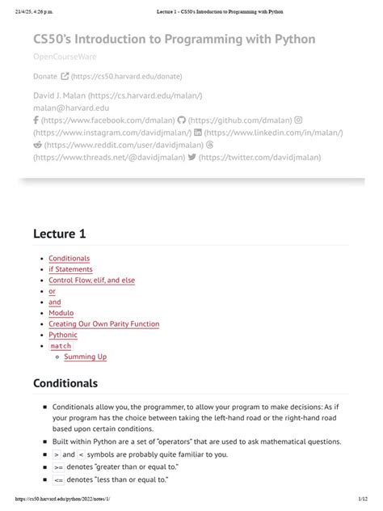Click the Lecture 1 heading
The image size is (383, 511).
point(60,234)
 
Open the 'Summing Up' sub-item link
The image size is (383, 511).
point(85,357)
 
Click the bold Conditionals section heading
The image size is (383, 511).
point(65,382)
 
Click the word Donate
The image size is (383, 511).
point(45,77)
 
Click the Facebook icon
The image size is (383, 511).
point(36,119)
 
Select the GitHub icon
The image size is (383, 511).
point(181,119)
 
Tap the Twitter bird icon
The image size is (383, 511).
point(191,158)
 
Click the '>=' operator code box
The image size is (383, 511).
point(58,467)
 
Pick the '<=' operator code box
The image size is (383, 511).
point(58,479)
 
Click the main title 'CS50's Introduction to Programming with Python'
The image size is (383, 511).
point(174,39)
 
